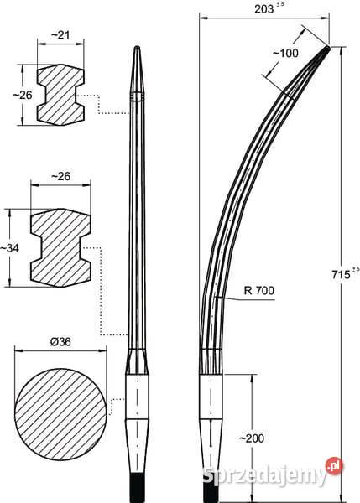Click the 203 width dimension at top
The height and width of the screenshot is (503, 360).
pyautogui.click(x=263, y=9)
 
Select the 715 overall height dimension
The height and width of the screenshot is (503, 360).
pyautogui.click(x=341, y=275)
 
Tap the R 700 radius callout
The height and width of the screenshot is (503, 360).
pyautogui.click(x=259, y=291)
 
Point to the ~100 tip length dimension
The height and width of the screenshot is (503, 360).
pyautogui.click(x=285, y=54)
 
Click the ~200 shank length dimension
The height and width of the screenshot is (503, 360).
pyautogui.click(x=252, y=438)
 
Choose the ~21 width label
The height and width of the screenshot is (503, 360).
pyautogui.click(x=60, y=34)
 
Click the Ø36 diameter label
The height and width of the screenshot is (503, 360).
pyautogui.click(x=60, y=342)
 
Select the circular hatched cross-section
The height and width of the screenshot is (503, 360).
pyautogui.click(x=60, y=405)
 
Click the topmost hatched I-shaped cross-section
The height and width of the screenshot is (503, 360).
pyautogui.click(x=60, y=95)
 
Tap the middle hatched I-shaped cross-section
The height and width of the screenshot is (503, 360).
pyautogui.click(x=60, y=247)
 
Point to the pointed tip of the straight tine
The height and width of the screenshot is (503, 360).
pyautogui.click(x=137, y=47)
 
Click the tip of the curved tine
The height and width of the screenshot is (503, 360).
pyautogui.click(x=328, y=48)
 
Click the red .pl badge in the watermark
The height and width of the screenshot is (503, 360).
pyautogui.click(x=334, y=466)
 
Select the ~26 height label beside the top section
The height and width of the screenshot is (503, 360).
pyautogui.click(x=23, y=95)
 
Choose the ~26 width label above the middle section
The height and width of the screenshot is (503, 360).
pyautogui.click(x=60, y=176)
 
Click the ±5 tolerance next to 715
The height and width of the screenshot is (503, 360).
pyautogui.click(x=356, y=269)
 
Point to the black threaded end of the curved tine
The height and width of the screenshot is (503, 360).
pyautogui.click(x=211, y=489)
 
